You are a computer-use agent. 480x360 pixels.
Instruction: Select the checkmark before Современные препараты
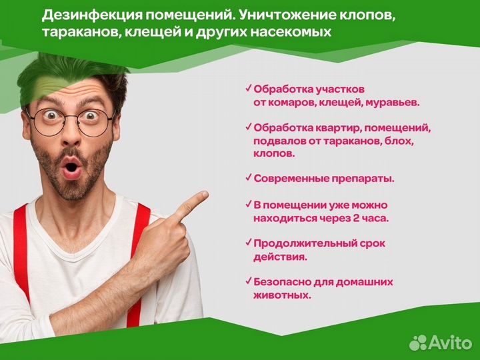click(249, 177)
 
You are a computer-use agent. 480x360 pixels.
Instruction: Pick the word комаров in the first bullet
click(294, 103)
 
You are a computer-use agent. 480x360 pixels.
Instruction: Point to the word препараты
click(363, 178)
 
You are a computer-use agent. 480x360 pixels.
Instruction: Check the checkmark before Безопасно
click(249, 280)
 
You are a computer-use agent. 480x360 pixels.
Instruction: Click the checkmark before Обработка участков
click(249, 87)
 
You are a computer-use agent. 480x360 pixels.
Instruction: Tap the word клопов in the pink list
click(274, 153)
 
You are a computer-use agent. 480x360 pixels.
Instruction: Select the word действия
click(280, 256)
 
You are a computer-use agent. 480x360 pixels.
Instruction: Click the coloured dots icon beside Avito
click(419, 342)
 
